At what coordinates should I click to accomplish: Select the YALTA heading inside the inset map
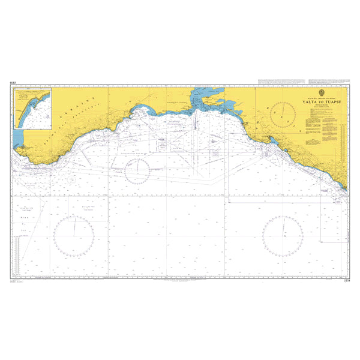tap(25, 95)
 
